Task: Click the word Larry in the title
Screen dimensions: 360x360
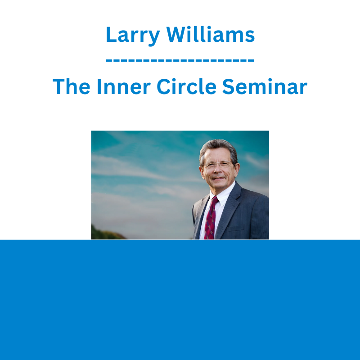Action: [x=133, y=36]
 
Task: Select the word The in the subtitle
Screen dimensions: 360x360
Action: [x=72, y=86]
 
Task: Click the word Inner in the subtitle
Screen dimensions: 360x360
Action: [x=124, y=86]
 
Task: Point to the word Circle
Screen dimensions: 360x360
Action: [x=186, y=86]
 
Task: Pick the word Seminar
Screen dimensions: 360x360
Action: [x=265, y=86]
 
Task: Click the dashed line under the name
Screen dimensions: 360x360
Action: [x=180, y=61]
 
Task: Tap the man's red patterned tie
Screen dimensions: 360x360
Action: [x=211, y=218]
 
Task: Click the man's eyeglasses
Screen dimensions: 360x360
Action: [x=218, y=165]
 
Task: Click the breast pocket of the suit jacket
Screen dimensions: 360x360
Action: [x=235, y=229]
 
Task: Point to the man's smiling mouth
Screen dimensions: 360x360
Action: [x=218, y=178]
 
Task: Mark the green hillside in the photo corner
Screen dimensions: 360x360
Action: [x=107, y=233]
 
